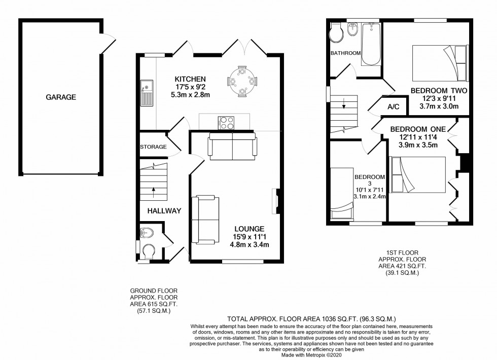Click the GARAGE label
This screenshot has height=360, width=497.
point(60,97)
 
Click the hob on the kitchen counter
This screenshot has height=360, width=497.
point(226,122)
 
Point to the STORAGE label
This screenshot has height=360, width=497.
point(153,147)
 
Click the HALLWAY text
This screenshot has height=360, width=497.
point(164,210)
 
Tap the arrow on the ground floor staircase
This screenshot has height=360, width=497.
point(153,192)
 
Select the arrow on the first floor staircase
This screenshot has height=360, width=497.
point(344,106)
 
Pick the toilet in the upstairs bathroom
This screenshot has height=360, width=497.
point(336,33)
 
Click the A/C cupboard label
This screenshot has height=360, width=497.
point(394,107)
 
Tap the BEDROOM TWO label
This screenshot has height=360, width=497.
point(439,91)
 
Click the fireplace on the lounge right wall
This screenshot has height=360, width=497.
point(276,199)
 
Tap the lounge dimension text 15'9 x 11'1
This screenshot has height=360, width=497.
point(249,237)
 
